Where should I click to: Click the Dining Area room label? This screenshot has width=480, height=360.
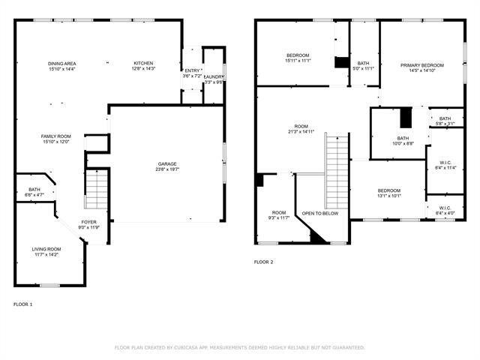[x=61, y=63]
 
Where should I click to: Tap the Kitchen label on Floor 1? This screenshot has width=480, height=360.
[x=143, y=63]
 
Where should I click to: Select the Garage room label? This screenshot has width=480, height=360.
[x=167, y=163]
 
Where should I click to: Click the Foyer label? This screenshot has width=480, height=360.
[x=89, y=222]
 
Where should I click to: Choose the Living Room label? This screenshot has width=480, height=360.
[x=46, y=249]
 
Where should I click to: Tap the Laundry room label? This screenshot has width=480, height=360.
[x=213, y=76]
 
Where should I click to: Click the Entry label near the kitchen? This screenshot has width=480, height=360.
[x=193, y=70]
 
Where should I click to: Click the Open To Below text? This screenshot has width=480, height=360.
[x=320, y=213]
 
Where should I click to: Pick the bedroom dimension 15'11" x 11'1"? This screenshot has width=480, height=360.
[x=298, y=61]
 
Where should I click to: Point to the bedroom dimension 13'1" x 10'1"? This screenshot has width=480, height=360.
[x=389, y=196]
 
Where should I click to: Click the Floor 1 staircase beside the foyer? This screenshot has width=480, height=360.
[x=95, y=190]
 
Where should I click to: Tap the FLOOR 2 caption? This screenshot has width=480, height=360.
[x=263, y=262]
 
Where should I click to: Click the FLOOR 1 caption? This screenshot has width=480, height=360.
[x=23, y=304]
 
